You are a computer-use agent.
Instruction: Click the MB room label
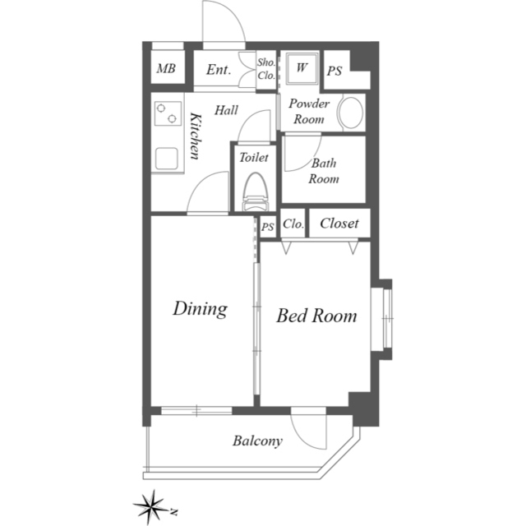[x=166, y=68]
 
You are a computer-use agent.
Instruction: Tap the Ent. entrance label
[x=219, y=69]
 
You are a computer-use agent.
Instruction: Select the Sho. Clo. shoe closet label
[x=266, y=69]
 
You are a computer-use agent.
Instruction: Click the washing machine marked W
[x=302, y=69]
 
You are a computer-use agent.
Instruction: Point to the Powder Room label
[x=309, y=111]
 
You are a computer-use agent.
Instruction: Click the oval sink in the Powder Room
[x=351, y=113]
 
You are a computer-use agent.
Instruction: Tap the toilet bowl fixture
[x=256, y=191]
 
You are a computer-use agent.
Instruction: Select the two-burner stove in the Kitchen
[x=168, y=113]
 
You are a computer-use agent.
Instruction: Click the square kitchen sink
[x=167, y=159]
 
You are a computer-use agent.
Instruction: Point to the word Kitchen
[x=196, y=136]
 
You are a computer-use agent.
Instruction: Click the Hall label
[x=227, y=110]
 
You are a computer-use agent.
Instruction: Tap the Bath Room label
[x=323, y=171]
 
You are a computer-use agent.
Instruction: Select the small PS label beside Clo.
[x=268, y=227]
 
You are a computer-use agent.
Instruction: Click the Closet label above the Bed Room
[x=339, y=223]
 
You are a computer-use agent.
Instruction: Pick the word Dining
[x=201, y=309]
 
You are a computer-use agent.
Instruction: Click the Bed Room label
[x=316, y=316]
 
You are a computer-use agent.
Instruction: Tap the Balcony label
[x=257, y=441]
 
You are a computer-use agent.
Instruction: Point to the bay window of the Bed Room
[x=381, y=318]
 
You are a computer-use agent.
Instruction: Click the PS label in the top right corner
[x=335, y=71]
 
